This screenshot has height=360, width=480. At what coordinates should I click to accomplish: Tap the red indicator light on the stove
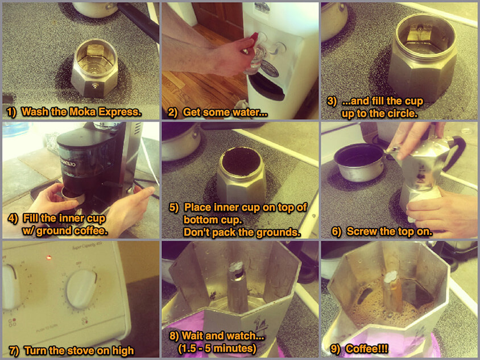click(x=49, y=257)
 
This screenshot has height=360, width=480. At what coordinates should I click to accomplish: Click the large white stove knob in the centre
click(x=81, y=289)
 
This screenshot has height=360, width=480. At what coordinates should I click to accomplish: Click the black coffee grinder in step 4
click(x=88, y=159)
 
